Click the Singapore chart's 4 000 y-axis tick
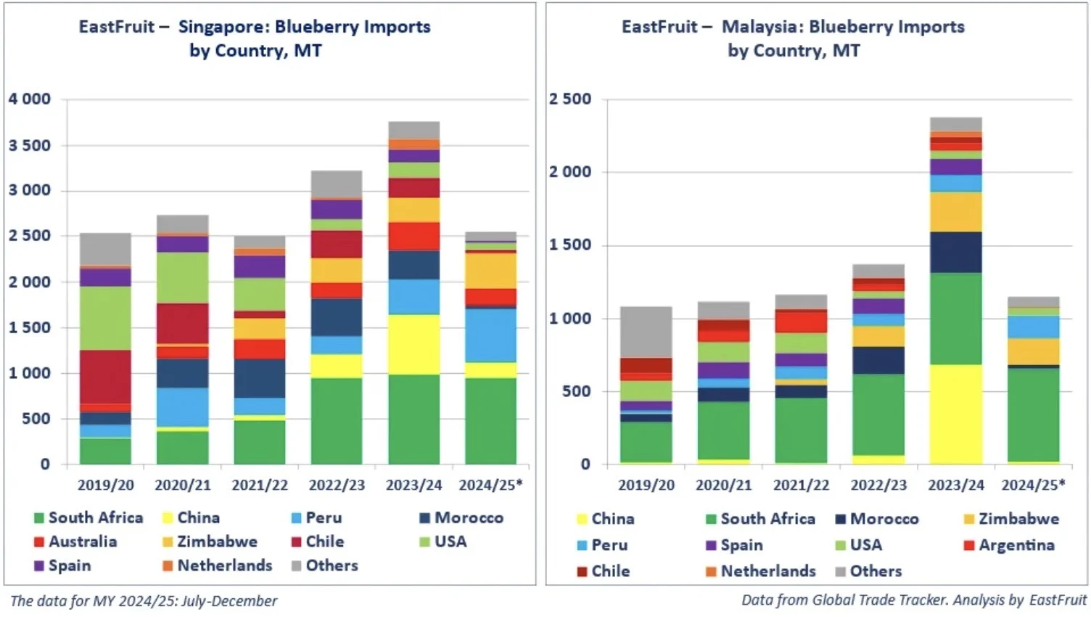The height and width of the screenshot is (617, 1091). pyautogui.click(x=30, y=99)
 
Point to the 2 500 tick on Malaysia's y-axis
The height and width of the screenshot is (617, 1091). pyautogui.click(x=570, y=99)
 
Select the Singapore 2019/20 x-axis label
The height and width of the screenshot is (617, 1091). pyautogui.click(x=106, y=485)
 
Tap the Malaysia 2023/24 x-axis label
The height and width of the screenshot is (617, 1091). pyautogui.click(x=956, y=485)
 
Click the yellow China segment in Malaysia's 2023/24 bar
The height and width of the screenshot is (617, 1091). pyautogui.click(x=956, y=414)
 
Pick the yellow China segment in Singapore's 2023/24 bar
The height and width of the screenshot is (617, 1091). pyautogui.click(x=414, y=344)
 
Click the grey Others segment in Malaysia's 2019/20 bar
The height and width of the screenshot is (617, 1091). pyautogui.click(x=646, y=332)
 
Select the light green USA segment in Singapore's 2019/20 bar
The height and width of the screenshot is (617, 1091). pyautogui.click(x=106, y=318)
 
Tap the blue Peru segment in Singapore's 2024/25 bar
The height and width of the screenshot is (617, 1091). pyautogui.click(x=491, y=335)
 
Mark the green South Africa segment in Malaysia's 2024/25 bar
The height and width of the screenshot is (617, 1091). pyautogui.click(x=1034, y=414)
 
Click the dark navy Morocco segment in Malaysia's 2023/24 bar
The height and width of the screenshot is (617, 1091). pyautogui.click(x=956, y=252)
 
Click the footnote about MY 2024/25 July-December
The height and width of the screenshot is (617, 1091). pyautogui.click(x=144, y=601)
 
